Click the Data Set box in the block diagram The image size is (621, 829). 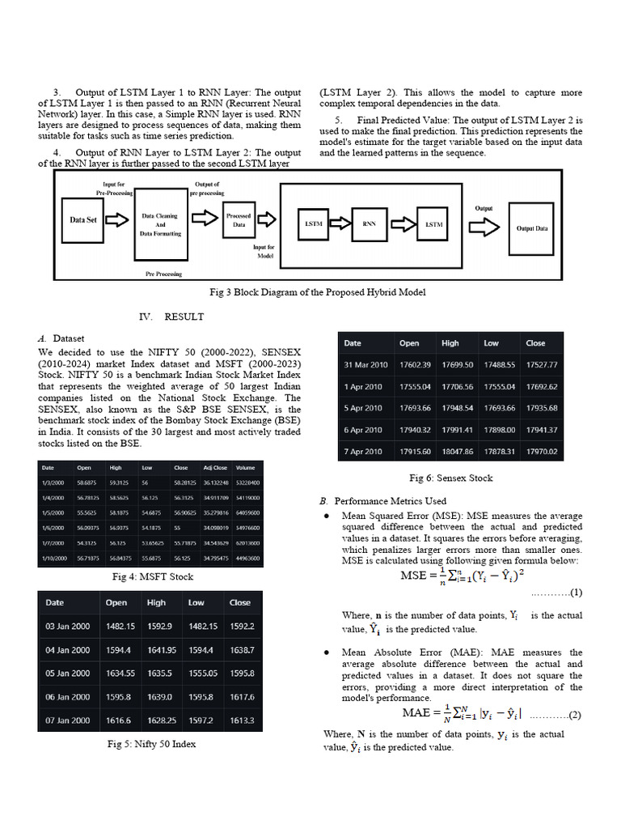(x=83, y=220)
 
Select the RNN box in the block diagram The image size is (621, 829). (x=369, y=223)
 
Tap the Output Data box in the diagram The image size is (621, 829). (x=531, y=228)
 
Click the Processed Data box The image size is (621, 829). (x=239, y=221)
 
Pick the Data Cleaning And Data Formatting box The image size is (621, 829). (x=161, y=225)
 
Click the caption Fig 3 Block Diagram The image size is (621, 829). (x=317, y=291)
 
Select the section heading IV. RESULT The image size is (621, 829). (x=172, y=317)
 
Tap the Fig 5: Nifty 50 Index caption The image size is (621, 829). (x=152, y=743)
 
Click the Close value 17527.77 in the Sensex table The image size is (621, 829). (x=541, y=365)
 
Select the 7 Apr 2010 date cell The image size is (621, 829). (x=363, y=451)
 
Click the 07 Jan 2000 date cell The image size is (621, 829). (x=67, y=720)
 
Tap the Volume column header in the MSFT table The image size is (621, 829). (x=245, y=468)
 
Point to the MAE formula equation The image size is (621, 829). (x=462, y=714)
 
